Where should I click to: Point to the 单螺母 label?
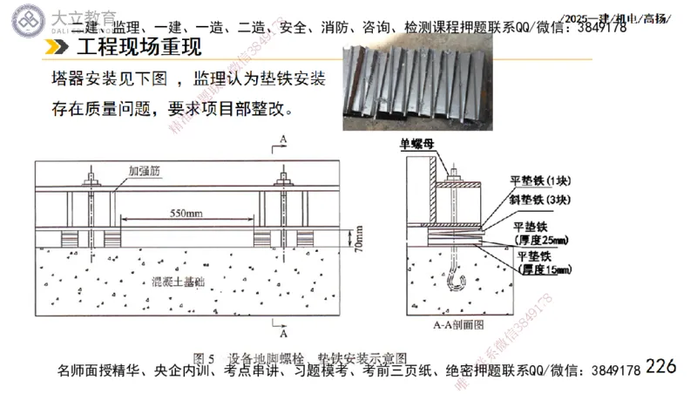tap(417, 145)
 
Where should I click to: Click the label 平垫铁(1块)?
tap(539, 181)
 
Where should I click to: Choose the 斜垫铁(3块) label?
tap(539, 200)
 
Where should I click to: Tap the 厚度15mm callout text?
tap(543, 270)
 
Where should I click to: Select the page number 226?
tap(661, 367)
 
